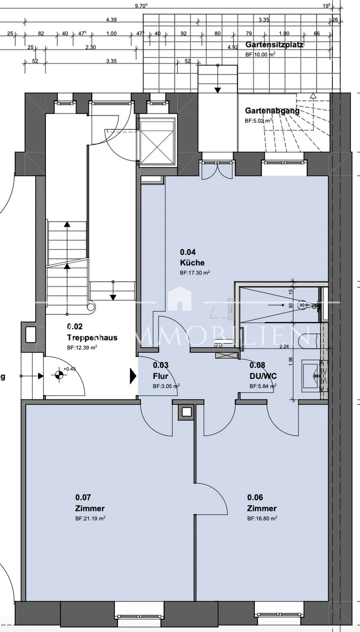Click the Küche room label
point(192,263)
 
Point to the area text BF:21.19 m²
point(90,518)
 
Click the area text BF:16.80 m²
point(262,518)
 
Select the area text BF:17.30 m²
point(195,272)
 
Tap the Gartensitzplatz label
point(274,44)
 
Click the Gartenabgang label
point(272,111)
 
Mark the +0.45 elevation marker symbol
point(59,375)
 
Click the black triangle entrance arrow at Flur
point(133,376)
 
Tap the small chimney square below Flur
point(187,411)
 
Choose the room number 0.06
point(255,497)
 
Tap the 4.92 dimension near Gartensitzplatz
point(233,47)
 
